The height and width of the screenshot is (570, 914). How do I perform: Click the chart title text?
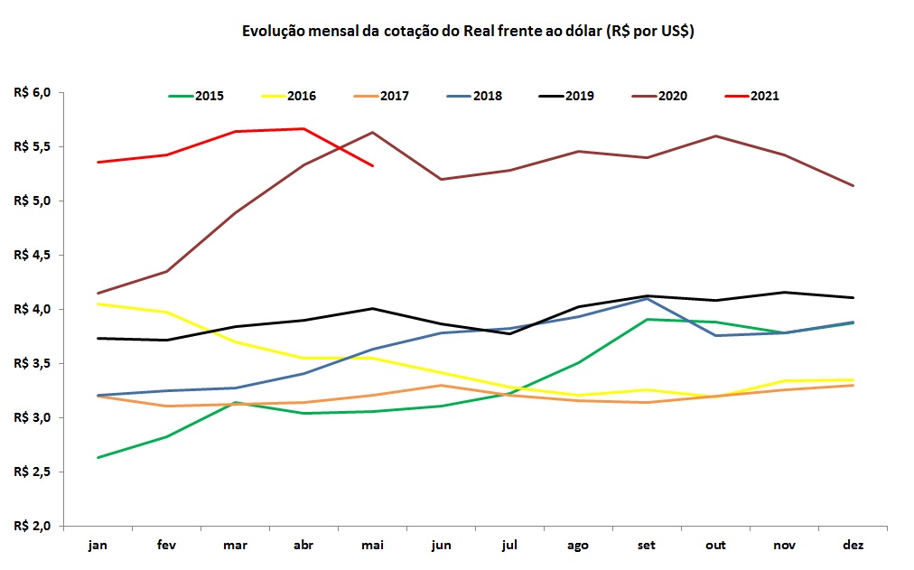467,31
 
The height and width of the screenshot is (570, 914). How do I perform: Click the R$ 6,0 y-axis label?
33,92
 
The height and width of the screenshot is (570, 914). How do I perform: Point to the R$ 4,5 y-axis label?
33,255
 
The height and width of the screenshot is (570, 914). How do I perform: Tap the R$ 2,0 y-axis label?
33,526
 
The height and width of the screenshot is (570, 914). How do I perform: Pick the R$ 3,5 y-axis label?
33,363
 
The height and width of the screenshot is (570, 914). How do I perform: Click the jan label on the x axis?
98,546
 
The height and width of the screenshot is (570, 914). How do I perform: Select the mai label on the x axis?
373,546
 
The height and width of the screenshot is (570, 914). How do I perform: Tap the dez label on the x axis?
853,546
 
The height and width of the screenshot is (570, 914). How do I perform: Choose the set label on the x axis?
648,546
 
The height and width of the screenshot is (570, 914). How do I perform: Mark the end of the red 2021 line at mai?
373,165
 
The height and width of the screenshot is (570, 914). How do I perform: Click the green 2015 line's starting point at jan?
98,457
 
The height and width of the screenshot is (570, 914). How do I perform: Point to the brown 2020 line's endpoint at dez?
853,186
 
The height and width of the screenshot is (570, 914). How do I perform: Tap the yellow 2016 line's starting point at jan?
98,304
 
